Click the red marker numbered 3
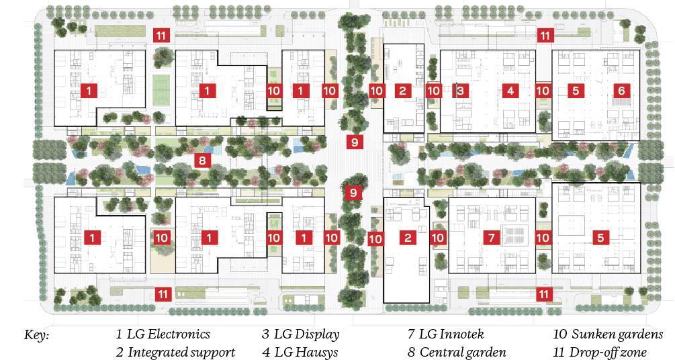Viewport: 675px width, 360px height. point(460,90)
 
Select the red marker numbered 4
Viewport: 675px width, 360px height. point(510,90)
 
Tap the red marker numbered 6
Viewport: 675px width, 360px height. point(621,90)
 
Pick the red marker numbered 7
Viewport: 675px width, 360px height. point(492,237)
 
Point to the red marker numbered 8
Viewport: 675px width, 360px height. point(201,160)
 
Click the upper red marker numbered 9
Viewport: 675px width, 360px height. point(354,141)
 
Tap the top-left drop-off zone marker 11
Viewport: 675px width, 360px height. point(161,36)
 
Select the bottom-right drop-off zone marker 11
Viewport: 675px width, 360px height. point(544,294)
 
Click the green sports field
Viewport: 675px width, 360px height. point(160,88)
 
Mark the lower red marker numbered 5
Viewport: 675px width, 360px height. point(600,237)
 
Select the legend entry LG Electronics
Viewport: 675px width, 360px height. point(163,334)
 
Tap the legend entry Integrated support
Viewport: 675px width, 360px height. point(175,352)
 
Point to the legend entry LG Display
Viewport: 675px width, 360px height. point(301,334)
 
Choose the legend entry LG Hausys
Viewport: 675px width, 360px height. point(300,352)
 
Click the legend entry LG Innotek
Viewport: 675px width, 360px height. point(446,334)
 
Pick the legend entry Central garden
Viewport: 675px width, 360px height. point(457,352)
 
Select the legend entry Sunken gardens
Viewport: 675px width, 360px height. point(608,334)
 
